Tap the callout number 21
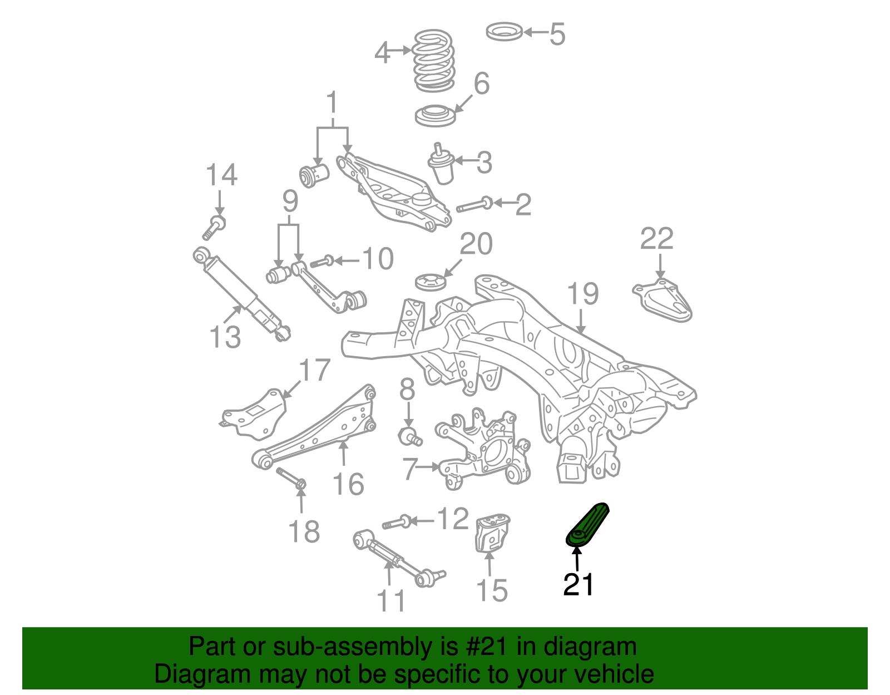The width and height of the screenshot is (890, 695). point(578,585)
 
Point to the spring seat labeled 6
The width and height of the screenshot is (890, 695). point(436,115)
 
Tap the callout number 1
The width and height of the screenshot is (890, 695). point(332,103)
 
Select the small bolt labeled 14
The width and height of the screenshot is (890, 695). point(214,228)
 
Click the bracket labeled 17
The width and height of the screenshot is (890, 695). point(254,413)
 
